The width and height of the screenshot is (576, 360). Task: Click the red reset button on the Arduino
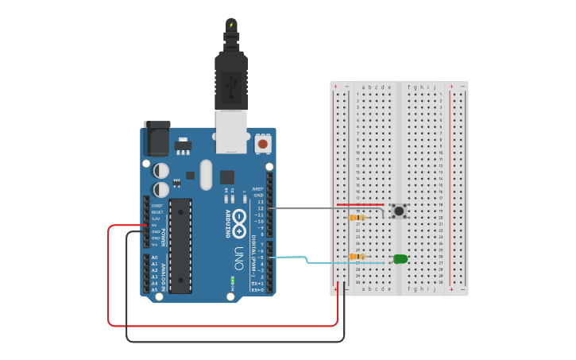[262, 144]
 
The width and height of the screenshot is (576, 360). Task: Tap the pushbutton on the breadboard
[399, 211]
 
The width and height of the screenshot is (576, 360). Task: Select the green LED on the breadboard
[400, 258]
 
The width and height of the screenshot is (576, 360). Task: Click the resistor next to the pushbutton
[358, 217]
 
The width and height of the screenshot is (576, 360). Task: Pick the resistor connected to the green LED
[358, 257]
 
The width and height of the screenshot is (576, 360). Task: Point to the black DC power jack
[157, 138]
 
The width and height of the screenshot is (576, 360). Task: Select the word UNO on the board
[238, 259]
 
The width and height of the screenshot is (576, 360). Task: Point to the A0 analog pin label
[154, 257]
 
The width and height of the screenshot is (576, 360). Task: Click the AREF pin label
[258, 189]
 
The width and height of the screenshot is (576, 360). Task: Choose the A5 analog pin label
[154, 289]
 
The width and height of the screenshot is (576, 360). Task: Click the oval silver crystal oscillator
[207, 174]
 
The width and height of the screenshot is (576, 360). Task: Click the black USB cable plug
[231, 79]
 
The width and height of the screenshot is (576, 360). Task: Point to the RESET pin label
[157, 212]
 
